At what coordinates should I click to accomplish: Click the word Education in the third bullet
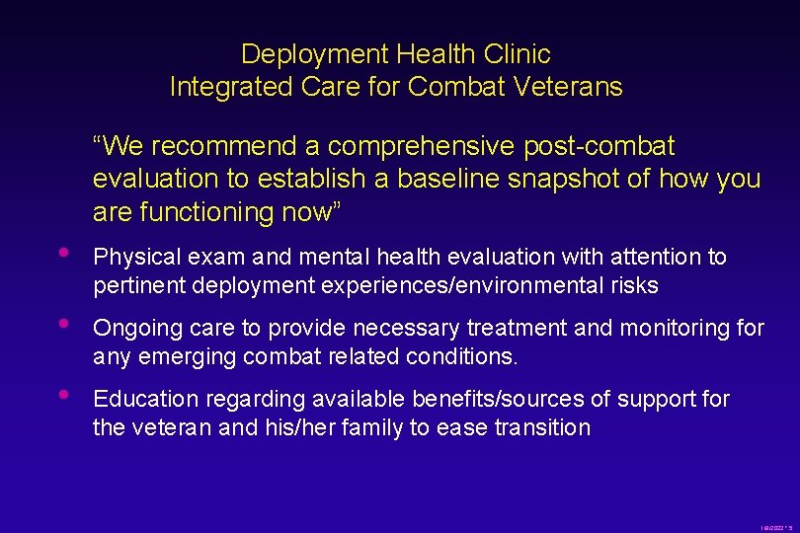(x=135, y=400)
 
